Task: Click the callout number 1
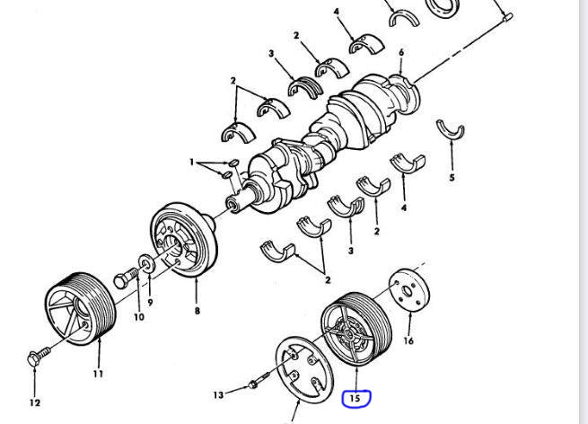(x=192, y=163)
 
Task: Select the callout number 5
(x=452, y=178)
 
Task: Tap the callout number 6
(x=400, y=53)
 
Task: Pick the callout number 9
(x=150, y=302)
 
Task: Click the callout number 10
(x=138, y=317)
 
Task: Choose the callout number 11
(x=98, y=373)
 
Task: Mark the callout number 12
(x=36, y=402)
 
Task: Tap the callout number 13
(x=219, y=394)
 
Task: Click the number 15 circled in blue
(x=355, y=397)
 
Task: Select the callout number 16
(x=409, y=341)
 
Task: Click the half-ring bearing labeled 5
(x=452, y=131)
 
